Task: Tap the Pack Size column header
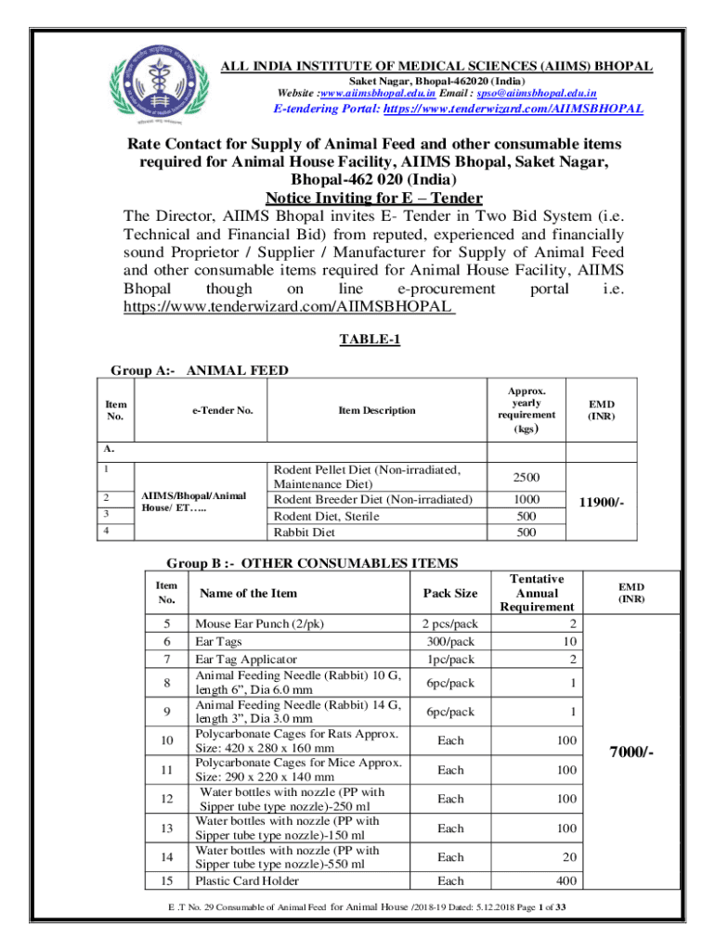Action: (x=450, y=592)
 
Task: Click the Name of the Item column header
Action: (x=246, y=592)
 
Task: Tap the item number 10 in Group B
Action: (x=167, y=741)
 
